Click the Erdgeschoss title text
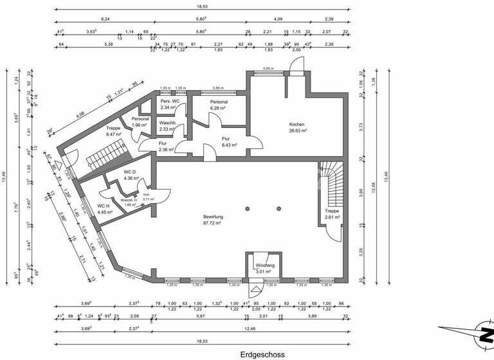pos(262,354)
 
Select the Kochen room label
pos(297,125)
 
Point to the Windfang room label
pos(264,265)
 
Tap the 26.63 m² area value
pos(297,130)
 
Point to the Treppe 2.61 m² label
pos(332,214)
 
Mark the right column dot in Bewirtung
pos(279,208)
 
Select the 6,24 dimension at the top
pos(105,19)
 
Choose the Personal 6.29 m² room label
pos(219,105)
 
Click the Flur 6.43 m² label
pos(226,141)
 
